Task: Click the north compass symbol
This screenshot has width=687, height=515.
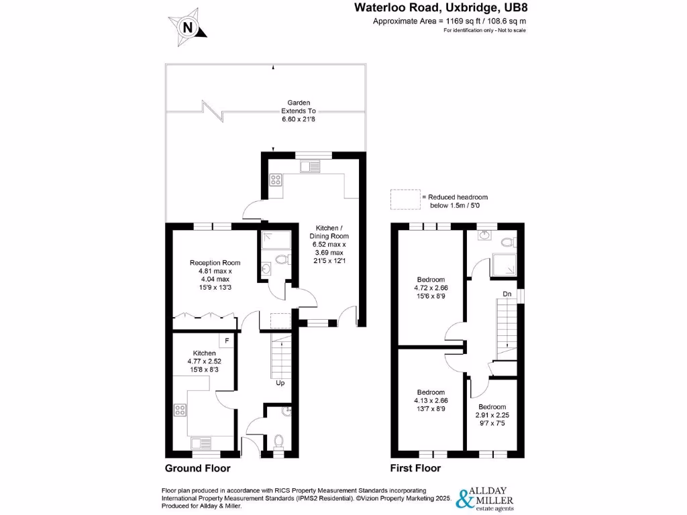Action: pyautogui.click(x=189, y=27)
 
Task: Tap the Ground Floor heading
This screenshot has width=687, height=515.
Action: pyautogui.click(x=197, y=468)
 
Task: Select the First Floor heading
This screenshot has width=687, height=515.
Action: pyautogui.click(x=415, y=468)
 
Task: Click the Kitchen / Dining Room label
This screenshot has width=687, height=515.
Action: pyautogui.click(x=329, y=249)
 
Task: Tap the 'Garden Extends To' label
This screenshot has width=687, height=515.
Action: pyautogui.click(x=299, y=111)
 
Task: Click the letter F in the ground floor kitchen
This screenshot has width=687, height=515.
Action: pyautogui.click(x=227, y=341)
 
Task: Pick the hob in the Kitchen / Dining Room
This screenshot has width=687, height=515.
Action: pyautogui.click(x=275, y=180)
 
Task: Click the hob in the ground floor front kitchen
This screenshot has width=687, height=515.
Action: pyautogui.click(x=180, y=409)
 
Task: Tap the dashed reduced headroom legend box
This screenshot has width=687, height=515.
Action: pyautogui.click(x=405, y=199)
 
